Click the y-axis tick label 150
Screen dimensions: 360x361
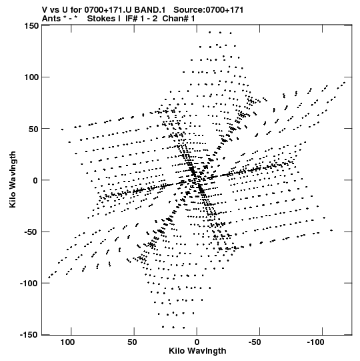click(31, 25)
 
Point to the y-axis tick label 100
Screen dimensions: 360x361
click(31, 77)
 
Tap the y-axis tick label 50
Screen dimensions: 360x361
click(34, 129)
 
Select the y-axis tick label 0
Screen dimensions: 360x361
click(35, 180)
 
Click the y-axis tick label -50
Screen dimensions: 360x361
click(31, 232)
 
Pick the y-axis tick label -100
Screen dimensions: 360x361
click(29, 284)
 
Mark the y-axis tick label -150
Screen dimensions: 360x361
click(29, 335)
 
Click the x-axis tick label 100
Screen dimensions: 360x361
click(67, 342)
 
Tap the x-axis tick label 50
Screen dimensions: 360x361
click(132, 342)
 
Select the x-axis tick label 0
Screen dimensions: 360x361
click(197, 342)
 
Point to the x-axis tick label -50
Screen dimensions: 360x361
click(255, 342)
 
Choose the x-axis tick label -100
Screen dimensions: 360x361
click(315, 342)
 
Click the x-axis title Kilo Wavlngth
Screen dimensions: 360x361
click(197, 351)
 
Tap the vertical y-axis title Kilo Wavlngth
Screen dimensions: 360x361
click(13, 179)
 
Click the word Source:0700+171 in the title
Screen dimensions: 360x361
click(208, 10)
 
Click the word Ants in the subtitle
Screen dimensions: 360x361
click(52, 19)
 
